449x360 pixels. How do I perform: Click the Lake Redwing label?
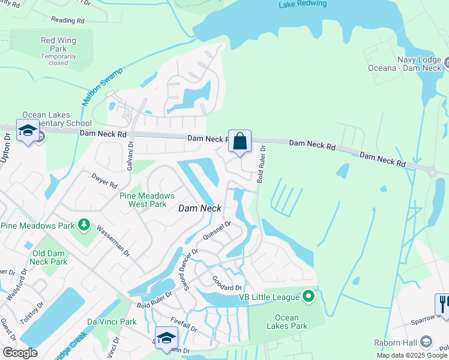click(303, 4)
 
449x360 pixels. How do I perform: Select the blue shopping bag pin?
click(240, 142)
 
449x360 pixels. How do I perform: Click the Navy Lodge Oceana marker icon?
click(446, 61)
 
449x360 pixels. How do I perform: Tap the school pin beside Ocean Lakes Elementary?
click(28, 131)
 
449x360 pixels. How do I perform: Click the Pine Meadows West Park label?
click(147, 200)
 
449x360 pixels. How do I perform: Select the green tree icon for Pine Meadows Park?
click(85, 225)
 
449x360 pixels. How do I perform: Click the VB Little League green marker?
click(309, 296)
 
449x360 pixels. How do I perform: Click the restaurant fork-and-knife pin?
click(442, 302)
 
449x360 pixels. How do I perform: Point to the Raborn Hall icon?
click(426, 341)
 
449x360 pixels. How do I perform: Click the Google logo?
click(20, 353)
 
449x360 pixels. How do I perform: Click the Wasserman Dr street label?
click(112, 240)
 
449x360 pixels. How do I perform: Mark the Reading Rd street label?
click(68, 20)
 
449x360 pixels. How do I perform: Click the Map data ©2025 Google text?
click(412, 355)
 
